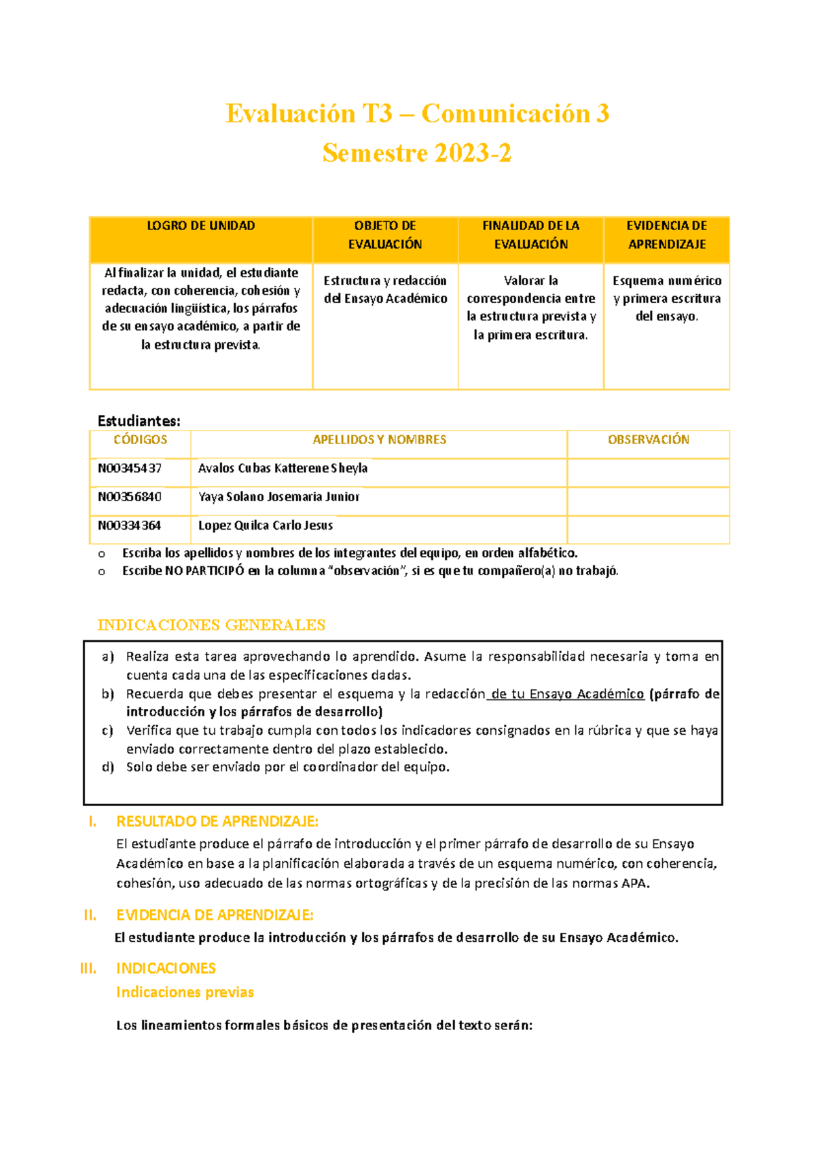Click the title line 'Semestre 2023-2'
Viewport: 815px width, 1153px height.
pos(416,153)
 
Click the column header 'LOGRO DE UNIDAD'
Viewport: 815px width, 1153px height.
pos(201,226)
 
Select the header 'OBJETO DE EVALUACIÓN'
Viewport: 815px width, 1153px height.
pos(385,235)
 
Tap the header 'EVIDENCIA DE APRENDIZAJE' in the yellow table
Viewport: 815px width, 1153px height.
pos(666,235)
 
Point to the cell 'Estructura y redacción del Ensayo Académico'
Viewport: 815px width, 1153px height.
pos(385,290)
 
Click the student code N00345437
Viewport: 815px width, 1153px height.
pos(130,469)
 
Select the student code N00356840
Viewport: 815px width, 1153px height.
pos(130,497)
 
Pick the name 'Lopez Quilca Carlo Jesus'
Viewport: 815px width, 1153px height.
pos(266,526)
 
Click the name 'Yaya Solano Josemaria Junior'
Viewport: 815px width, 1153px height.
pos(278,497)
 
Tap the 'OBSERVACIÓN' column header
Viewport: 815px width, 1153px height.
pos(648,440)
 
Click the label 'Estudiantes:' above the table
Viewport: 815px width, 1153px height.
pos(139,421)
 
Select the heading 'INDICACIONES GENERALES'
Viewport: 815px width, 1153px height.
pos(211,625)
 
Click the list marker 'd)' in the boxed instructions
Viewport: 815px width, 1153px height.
pos(108,767)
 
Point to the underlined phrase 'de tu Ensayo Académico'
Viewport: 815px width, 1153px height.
pos(566,694)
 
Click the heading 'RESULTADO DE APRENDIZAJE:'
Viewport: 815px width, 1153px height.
pos(217,822)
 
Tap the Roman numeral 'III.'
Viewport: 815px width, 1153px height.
pos(88,968)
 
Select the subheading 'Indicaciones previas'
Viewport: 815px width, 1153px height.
pos(185,993)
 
